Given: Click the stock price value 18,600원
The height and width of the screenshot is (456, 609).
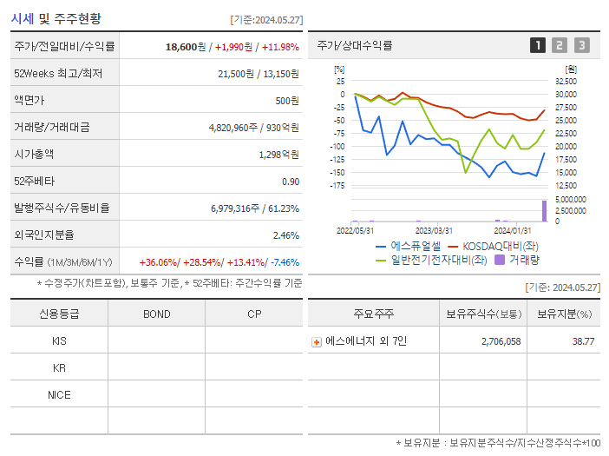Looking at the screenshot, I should [x=186, y=47].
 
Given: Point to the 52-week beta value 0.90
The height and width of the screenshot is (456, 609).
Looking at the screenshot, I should [x=291, y=182].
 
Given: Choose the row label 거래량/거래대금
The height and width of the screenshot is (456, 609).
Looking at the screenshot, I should [x=51, y=128].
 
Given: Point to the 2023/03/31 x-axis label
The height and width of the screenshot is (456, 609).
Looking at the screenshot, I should [x=434, y=230].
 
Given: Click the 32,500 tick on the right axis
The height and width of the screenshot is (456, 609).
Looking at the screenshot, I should [x=565, y=81].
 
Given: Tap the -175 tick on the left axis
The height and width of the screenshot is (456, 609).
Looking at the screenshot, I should [x=339, y=185].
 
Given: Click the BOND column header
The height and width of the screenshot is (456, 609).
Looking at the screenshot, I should [x=156, y=314].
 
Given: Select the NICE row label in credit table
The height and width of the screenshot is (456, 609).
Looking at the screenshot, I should [x=59, y=395].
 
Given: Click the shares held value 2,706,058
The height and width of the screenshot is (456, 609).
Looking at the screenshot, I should [x=501, y=342].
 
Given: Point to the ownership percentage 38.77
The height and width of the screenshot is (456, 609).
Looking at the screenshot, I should [x=583, y=342].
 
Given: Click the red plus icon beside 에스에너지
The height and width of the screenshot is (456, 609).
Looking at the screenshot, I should [x=317, y=342].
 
